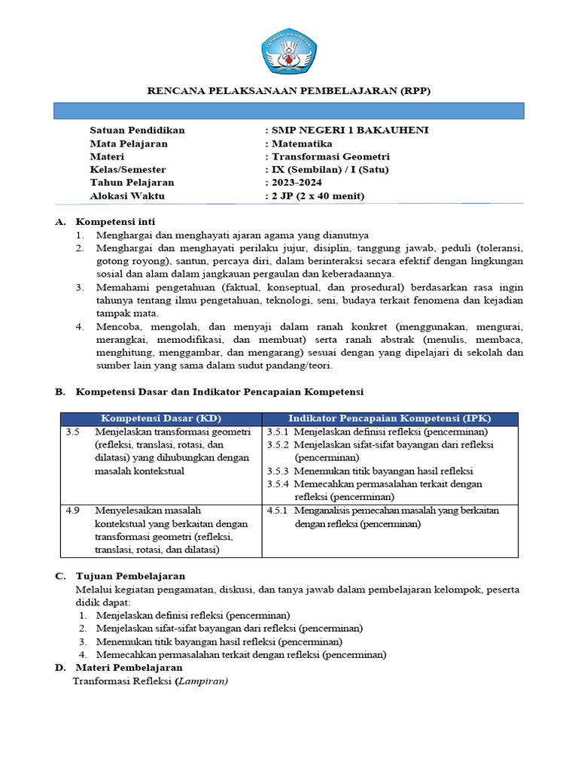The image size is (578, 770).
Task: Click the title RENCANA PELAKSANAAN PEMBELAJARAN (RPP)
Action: tap(288, 91)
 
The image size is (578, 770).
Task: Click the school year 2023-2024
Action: tap(299, 183)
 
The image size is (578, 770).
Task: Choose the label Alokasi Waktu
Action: tap(127, 196)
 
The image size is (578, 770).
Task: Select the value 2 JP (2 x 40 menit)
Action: tap(318, 196)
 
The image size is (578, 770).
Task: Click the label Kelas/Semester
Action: tap(128, 170)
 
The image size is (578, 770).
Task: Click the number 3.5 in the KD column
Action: tap(72, 432)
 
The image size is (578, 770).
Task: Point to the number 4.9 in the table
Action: tap(72, 511)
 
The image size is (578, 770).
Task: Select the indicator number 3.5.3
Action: tap(278, 471)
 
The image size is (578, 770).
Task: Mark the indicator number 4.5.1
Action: tap(278, 511)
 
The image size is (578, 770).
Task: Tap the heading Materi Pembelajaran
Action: tap(129, 668)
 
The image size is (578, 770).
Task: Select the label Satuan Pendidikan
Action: tap(137, 130)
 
